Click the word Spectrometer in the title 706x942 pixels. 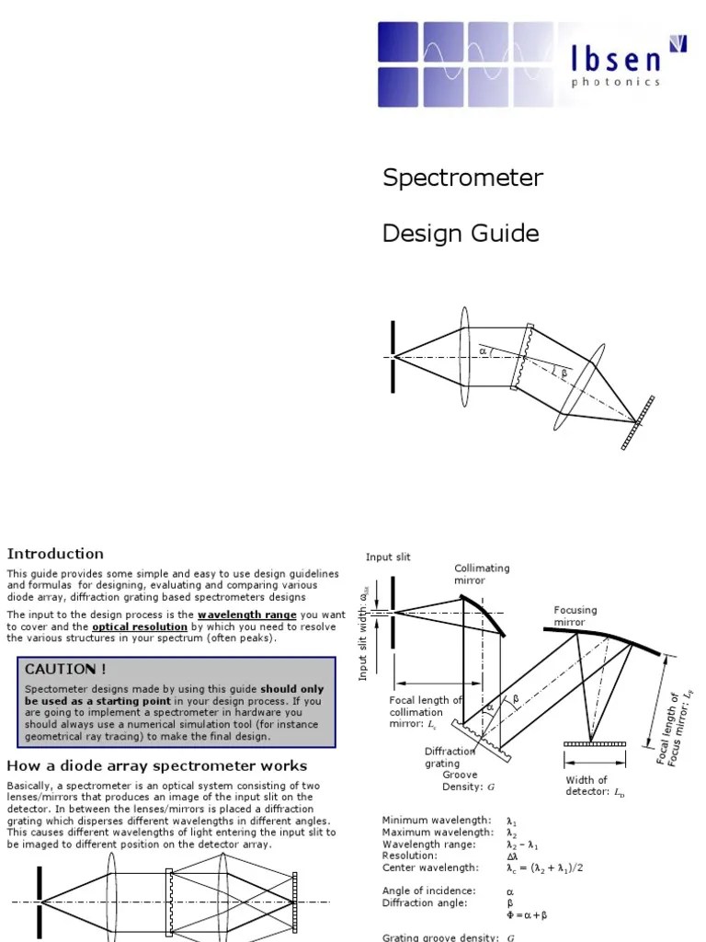coord(462,178)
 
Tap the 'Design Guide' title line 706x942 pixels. coord(461,234)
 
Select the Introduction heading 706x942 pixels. coord(55,554)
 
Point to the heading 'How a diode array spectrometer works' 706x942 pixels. coord(157,765)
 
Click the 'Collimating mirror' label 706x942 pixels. coord(481,574)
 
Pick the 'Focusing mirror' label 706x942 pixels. coord(575,615)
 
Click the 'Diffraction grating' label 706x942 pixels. coord(450,757)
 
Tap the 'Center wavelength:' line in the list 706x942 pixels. coord(429,867)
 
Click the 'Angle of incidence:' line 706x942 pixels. coord(428,890)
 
